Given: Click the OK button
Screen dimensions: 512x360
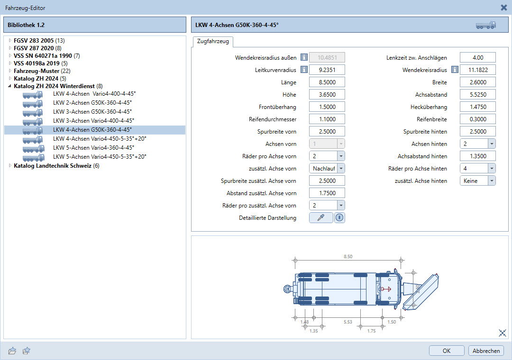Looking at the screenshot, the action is click(x=447, y=351).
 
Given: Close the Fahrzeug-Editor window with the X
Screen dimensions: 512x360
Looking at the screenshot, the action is click(x=504, y=7).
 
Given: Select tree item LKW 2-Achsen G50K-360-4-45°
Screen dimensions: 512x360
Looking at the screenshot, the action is click(x=92, y=102).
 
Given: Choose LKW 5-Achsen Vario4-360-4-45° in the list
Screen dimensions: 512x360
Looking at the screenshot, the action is click(x=94, y=147).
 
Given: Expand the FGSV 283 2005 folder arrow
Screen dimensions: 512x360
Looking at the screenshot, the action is click(x=10, y=40).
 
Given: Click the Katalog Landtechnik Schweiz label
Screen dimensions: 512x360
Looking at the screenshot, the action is click(x=53, y=165).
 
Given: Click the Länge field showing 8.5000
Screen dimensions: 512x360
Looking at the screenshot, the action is click(x=327, y=82).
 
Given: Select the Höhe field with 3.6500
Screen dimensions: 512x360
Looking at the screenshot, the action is click(x=327, y=95).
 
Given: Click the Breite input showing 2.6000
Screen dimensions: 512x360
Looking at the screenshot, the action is click(x=478, y=82).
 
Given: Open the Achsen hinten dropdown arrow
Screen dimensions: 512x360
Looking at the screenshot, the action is click(x=492, y=144).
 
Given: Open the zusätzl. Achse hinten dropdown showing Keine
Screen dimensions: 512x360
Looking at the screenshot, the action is click(x=477, y=181).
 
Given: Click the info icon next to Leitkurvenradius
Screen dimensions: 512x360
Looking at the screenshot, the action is click(x=304, y=70).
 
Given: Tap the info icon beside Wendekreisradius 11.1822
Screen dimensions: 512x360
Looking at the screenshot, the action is click(x=455, y=70).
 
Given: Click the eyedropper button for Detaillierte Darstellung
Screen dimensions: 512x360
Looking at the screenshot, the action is click(x=321, y=218).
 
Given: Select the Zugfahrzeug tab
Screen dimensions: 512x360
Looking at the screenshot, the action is click(x=213, y=42).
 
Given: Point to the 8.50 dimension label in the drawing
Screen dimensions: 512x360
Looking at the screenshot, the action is click(x=348, y=257).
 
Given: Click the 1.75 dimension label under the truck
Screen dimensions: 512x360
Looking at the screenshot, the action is click(x=372, y=331).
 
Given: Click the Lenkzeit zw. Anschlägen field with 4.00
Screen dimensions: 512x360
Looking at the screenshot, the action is click(x=478, y=57).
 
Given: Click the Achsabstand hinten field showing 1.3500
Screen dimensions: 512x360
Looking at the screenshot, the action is click(x=478, y=156).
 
